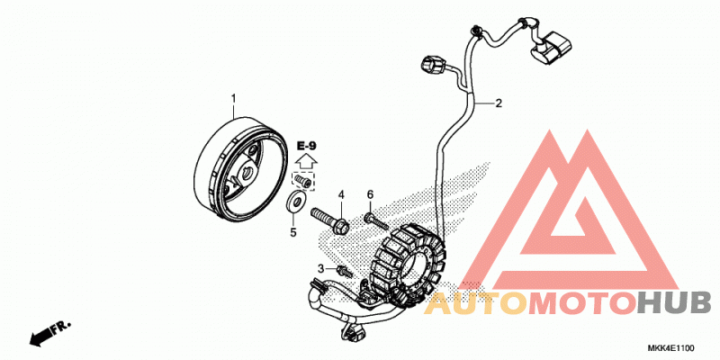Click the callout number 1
point(233,99)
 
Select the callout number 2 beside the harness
point(499,103)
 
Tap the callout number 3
point(321,268)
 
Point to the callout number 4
point(341,195)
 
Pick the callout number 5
point(293,233)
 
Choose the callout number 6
point(370,195)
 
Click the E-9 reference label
point(306,147)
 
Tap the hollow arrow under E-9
point(306,162)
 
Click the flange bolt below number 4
point(330,220)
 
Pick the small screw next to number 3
point(344,271)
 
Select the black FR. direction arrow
point(50,334)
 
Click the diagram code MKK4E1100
point(671,347)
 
